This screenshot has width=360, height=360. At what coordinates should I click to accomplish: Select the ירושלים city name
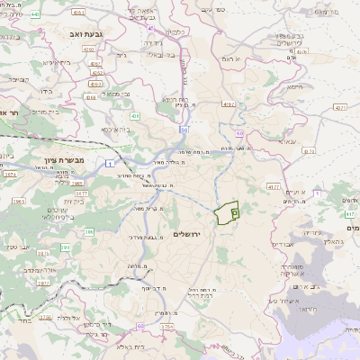(188, 234)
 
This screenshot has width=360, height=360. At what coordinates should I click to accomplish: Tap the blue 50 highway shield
(183, 130)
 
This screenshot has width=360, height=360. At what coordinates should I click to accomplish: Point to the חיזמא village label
(292, 87)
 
